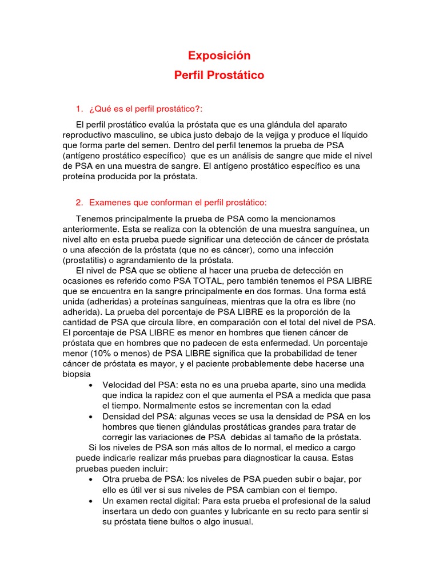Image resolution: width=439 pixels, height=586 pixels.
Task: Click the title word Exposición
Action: click(x=219, y=56)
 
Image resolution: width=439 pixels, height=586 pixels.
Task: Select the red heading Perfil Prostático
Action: click(x=219, y=75)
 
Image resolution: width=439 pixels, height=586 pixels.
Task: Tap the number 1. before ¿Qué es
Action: click(x=79, y=109)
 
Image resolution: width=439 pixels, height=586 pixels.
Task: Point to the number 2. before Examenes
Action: click(x=79, y=203)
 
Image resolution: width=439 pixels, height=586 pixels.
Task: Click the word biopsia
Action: click(x=77, y=374)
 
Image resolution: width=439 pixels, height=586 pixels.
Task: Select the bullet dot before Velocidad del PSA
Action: click(x=91, y=385)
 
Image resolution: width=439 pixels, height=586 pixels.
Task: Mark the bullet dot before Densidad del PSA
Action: click(x=91, y=417)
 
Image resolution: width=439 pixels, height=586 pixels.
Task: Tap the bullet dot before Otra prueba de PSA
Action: click(x=91, y=479)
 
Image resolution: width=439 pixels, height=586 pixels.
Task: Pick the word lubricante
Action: click(x=241, y=510)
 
